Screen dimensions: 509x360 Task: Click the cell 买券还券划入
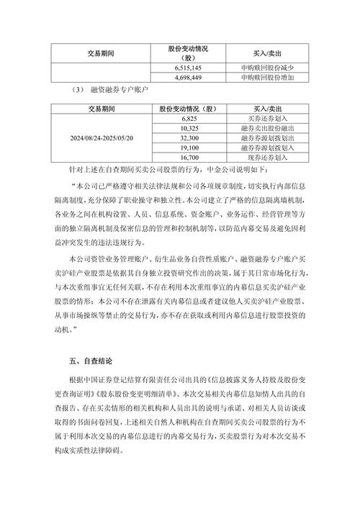point(266,117)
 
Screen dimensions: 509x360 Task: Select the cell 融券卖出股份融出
point(266,127)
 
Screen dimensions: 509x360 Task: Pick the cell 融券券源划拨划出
point(266,138)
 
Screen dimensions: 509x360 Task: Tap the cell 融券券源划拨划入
point(266,147)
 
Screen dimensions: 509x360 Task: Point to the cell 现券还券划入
point(266,157)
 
